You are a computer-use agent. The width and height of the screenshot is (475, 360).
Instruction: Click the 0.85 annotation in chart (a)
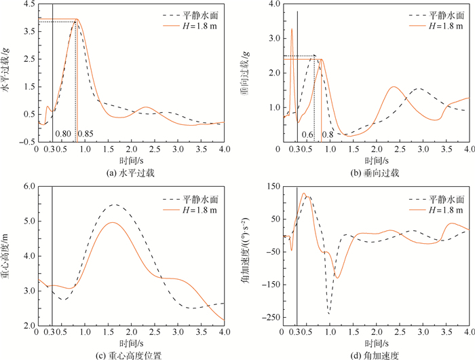click(85, 133)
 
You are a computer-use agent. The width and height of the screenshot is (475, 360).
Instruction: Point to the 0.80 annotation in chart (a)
click(63, 133)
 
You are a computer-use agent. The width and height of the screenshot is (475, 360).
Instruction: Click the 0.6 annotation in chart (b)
click(307, 134)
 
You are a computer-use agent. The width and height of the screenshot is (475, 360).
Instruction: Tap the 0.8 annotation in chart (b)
click(328, 134)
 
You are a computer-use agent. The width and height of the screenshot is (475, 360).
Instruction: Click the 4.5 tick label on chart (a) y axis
click(28, 4)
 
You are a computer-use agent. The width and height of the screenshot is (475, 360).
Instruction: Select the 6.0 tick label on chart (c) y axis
click(28, 185)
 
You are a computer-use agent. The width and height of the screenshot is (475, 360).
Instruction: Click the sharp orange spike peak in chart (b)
click(292, 29)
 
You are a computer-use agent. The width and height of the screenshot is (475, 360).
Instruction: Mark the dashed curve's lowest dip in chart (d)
click(329, 313)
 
